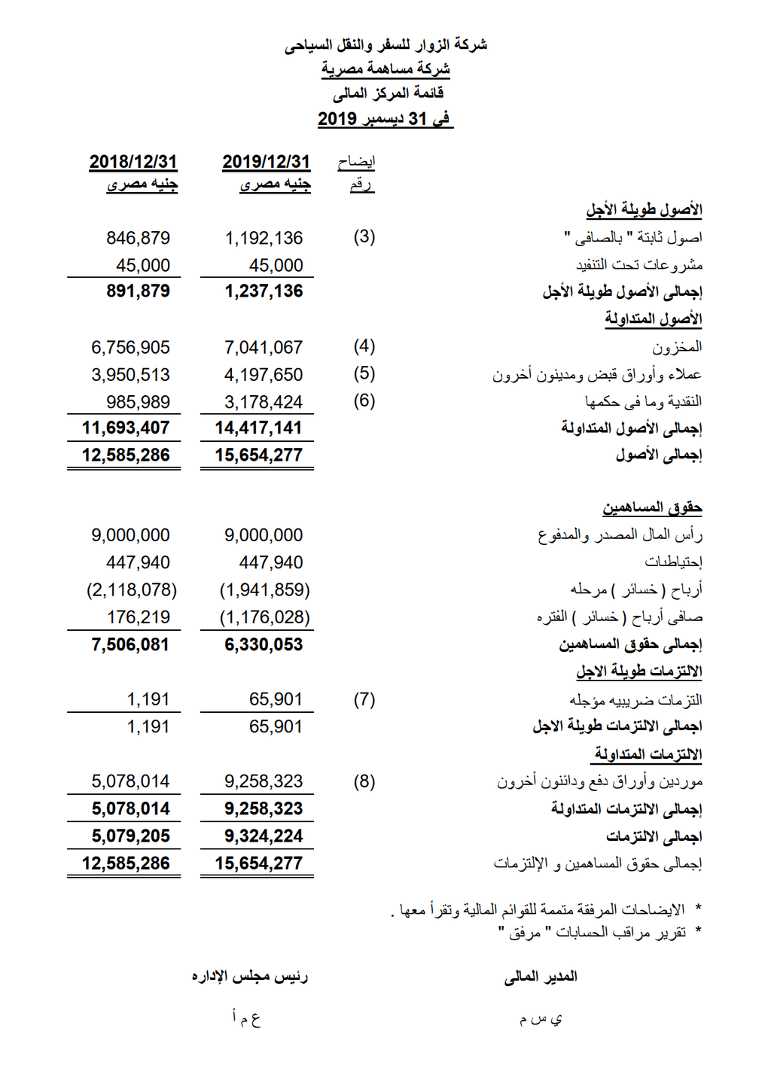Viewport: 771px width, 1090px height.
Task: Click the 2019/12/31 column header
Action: [x=266, y=162]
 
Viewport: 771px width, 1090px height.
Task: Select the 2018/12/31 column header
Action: [x=133, y=162]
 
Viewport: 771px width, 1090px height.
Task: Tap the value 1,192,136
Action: [x=264, y=239]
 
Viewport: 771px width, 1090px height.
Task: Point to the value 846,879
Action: [x=138, y=239]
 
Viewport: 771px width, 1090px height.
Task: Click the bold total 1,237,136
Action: [x=264, y=291]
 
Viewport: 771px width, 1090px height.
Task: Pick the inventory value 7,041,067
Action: [x=264, y=348]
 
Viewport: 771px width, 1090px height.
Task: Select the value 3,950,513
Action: [x=131, y=375]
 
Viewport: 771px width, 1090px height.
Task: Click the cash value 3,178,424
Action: [x=264, y=402]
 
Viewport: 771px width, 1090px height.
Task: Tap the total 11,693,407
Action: [x=126, y=428]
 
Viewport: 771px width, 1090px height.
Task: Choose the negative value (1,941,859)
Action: [x=264, y=590]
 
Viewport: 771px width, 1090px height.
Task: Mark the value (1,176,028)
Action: [x=264, y=618]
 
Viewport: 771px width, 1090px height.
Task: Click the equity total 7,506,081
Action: [x=130, y=645]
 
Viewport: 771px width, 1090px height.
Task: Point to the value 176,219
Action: [x=139, y=618]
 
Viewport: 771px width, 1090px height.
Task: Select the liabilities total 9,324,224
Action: [x=264, y=836]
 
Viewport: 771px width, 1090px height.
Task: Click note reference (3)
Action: [x=364, y=237]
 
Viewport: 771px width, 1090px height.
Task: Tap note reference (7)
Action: [x=364, y=699]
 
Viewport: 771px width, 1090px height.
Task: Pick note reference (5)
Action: [x=364, y=374]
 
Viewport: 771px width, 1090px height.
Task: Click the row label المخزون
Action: [x=677, y=347]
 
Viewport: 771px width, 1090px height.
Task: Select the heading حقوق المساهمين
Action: [x=652, y=508]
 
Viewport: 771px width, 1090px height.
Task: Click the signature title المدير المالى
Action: [x=541, y=976]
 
